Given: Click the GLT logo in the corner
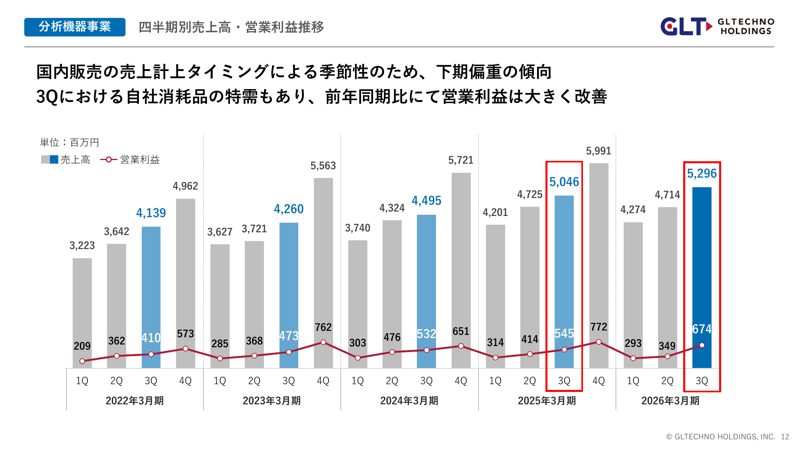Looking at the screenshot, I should pos(717,26).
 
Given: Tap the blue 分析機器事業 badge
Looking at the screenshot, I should pos(75,27).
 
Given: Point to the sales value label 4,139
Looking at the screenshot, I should pos(151,213).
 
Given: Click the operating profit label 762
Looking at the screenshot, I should pos(323,327).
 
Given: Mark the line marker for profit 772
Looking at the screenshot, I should pos(599,342).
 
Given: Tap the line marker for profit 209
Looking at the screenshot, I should pos(82,361).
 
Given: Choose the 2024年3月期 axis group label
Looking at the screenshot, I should pos(409,401).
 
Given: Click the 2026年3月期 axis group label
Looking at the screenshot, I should pos(670,401).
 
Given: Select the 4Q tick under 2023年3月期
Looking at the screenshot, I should pos(323,381).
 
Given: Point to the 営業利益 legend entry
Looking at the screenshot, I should pos(131,160).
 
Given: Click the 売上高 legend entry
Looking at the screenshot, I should pos(66,160).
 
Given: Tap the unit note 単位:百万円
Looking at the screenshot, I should pos(69,142).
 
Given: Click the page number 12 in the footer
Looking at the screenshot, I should pos(785,437).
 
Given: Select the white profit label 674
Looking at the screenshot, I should pos(702,329).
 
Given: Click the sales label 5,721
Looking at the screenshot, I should pos(461,160).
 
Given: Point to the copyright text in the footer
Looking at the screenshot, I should pos(720,437).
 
